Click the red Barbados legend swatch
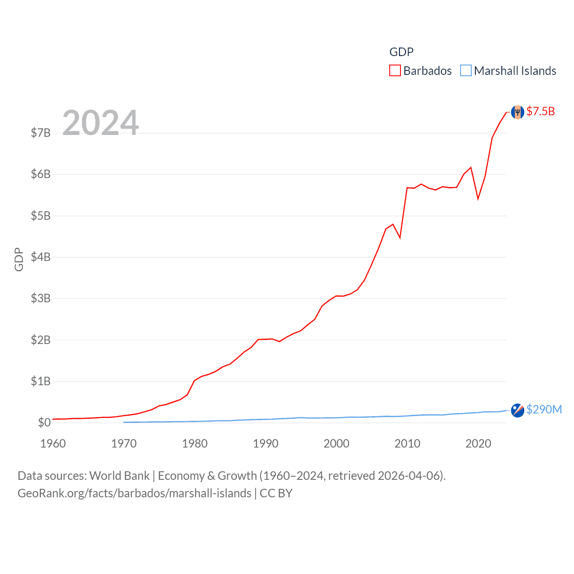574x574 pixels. coord(395,71)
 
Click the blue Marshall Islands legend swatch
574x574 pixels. coord(466,71)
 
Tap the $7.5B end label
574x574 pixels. coord(540,111)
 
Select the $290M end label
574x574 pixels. coord(544,409)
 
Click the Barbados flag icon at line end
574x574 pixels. coord(517,112)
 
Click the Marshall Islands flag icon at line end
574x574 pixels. coord(517,410)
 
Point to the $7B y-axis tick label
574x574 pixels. coord(40,133)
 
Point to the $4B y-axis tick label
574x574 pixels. coord(40,257)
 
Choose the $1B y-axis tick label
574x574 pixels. coord(40,381)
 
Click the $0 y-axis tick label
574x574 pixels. coord(44,422)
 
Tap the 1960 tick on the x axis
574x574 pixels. coord(53,444)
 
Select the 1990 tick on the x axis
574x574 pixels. coord(265,444)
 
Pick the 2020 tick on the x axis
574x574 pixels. coord(478,444)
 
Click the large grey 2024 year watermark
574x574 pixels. coord(100,122)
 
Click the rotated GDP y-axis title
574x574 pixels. coord(19,259)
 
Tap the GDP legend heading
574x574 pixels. coord(401,52)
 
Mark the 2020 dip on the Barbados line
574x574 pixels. coord(478,198)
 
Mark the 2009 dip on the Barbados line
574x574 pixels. coord(400,238)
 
